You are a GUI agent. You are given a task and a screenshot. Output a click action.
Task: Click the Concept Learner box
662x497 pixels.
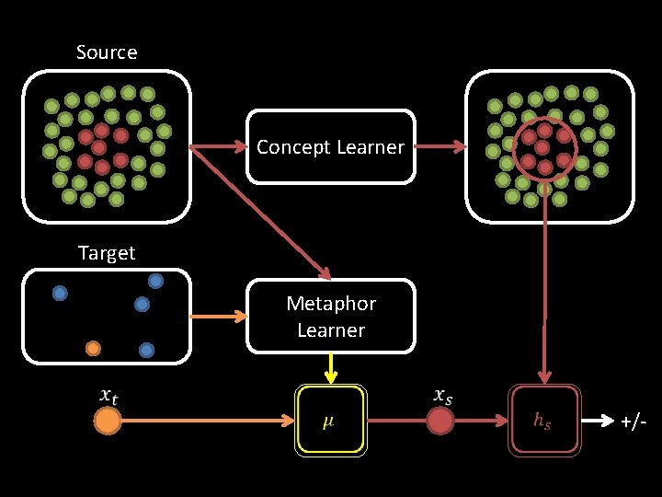pos(330,147)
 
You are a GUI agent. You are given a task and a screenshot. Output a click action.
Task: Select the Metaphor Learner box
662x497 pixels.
pos(330,317)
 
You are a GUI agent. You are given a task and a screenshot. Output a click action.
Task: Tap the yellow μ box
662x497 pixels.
pos(330,422)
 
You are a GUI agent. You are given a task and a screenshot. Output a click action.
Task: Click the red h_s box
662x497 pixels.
pos(544,422)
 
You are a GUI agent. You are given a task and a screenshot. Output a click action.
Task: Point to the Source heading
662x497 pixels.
pos(107,52)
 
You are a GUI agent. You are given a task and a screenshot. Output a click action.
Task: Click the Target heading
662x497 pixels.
pos(107,253)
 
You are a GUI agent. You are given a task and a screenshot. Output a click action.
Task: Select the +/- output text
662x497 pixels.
pos(633,422)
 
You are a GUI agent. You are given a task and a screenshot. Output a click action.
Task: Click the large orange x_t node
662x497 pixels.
pos(108,422)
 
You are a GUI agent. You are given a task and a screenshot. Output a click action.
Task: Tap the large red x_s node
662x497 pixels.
pos(440,422)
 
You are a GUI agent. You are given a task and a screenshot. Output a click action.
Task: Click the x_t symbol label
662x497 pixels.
pos(108,395)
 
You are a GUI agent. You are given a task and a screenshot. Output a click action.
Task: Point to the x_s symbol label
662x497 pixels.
pos(442,395)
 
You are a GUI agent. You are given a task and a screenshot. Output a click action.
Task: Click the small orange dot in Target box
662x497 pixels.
pos(93,348)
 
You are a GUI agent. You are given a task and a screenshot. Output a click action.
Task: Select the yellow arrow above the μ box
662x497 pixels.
pos(330,369)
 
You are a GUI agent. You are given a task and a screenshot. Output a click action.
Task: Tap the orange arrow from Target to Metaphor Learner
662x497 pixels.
pos(218,317)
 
